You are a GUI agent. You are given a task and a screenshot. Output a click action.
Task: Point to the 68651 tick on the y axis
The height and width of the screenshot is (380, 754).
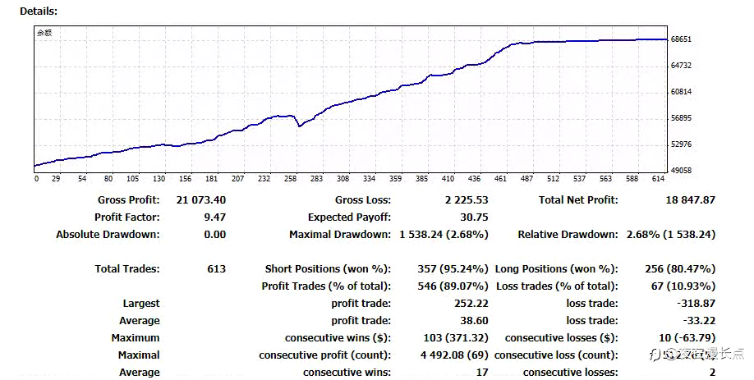click(682, 39)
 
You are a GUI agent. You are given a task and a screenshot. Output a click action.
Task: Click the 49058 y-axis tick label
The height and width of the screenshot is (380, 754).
click(682, 171)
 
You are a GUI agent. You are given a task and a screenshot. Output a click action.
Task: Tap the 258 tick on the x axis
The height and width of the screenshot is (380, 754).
click(290, 179)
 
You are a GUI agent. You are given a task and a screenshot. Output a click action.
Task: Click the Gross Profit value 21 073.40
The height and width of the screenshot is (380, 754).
click(200, 200)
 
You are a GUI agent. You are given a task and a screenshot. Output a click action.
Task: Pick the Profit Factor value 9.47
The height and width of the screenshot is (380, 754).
click(214, 217)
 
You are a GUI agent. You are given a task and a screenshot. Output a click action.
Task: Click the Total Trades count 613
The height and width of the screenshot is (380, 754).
click(216, 269)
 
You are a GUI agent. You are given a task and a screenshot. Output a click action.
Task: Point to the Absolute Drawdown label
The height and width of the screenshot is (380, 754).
click(108, 235)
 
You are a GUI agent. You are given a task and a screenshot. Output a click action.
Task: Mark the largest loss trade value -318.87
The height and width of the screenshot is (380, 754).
click(694, 304)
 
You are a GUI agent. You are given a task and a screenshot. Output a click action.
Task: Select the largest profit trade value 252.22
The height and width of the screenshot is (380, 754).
click(471, 304)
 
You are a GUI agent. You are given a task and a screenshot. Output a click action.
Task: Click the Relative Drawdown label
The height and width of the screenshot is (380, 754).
click(568, 235)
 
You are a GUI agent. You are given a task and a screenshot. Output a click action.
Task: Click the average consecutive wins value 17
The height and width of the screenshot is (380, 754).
click(482, 373)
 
